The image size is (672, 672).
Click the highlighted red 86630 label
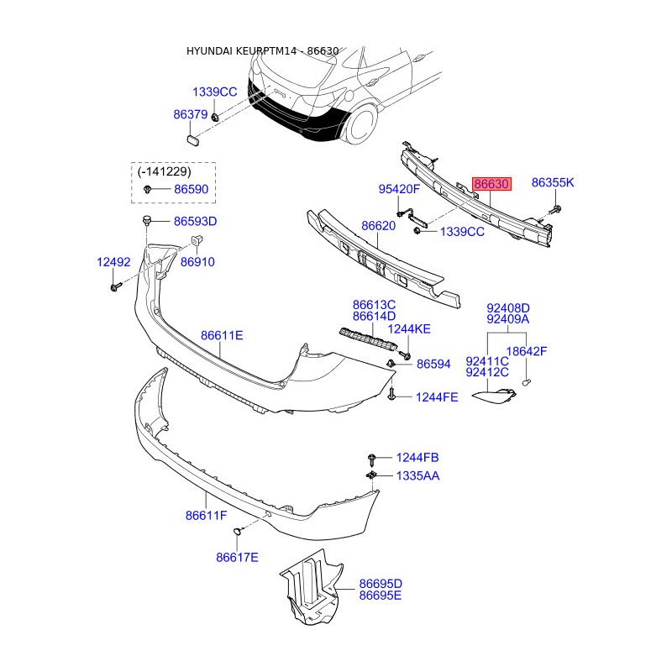[491, 184]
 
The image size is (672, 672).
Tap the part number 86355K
[553, 182]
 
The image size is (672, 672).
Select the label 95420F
[399, 189]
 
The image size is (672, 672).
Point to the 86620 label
[379, 226]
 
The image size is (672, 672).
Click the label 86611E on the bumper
[222, 335]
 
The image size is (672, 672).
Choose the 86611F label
[206, 516]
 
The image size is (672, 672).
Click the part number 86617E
[237, 558]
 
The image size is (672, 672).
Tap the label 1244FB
[417, 458]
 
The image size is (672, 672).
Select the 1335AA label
[417, 475]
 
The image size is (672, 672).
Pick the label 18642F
[527, 351]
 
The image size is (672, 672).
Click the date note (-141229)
[164, 172]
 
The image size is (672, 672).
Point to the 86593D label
[196, 222]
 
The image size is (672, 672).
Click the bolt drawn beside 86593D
[147, 221]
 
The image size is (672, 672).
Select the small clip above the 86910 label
[197, 240]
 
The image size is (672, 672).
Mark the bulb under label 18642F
[528, 381]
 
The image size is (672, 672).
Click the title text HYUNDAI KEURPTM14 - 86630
[262, 51]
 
